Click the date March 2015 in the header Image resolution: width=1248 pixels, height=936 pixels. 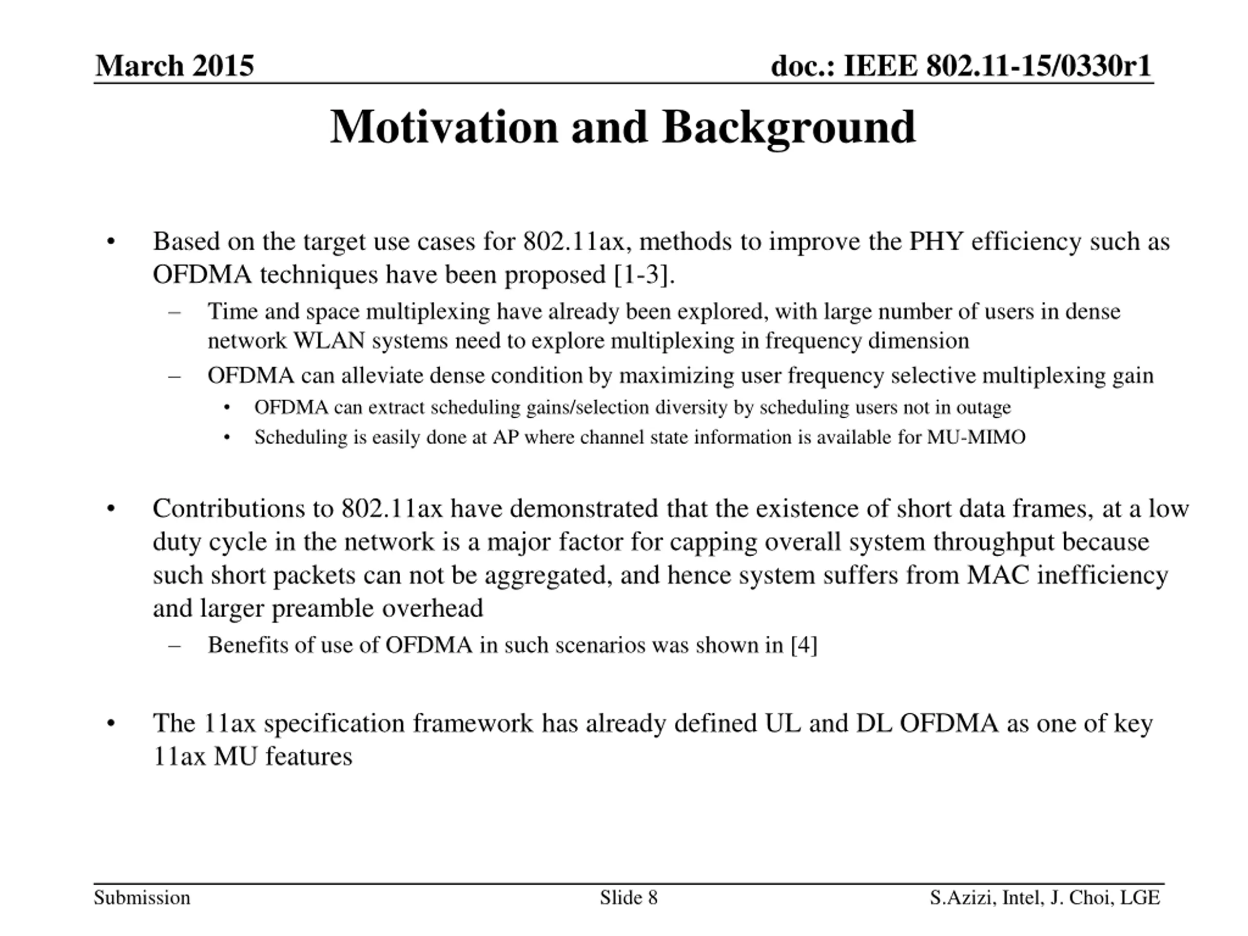[175, 66]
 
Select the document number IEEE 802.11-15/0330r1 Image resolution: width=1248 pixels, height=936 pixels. [996, 66]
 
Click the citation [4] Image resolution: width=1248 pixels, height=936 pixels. [804, 645]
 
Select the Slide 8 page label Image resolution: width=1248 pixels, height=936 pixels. [628, 897]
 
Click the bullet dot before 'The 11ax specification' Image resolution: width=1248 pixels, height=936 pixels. [111, 724]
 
